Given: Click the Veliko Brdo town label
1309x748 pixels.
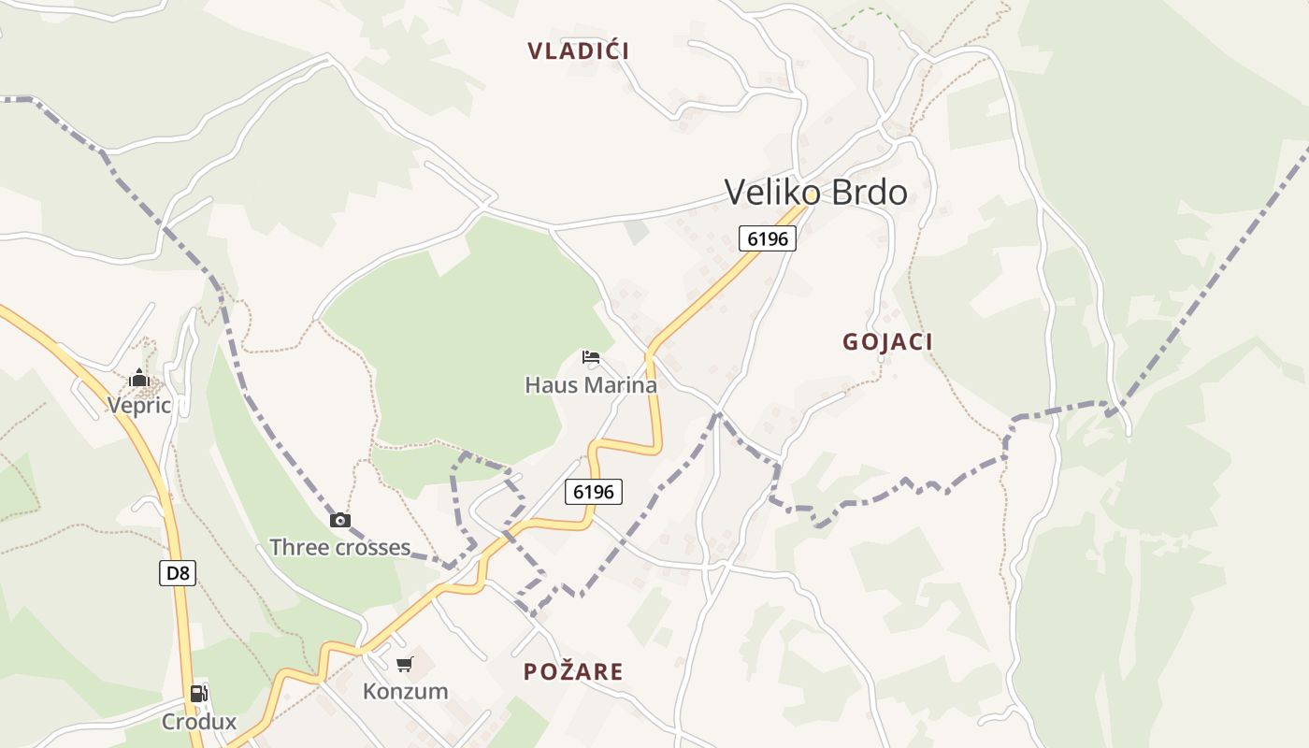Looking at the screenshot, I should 815,193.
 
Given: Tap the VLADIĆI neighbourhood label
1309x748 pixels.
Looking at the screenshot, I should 578,50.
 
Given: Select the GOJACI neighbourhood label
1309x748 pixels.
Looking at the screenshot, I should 887,342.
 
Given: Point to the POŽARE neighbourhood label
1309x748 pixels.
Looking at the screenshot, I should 573,671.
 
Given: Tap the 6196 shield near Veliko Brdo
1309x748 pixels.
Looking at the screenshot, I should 768,238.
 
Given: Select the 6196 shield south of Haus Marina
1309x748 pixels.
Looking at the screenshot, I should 593,491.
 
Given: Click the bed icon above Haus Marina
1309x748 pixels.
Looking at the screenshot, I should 591,357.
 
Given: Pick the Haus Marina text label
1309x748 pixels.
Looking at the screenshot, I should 591,384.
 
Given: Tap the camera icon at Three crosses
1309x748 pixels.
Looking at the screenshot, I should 340,521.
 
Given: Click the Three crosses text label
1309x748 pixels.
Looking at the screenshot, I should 339,547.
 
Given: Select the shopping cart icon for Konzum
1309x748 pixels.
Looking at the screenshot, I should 405,665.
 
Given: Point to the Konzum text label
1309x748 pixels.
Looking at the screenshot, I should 405,692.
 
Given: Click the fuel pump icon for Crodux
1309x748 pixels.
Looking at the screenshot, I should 198,694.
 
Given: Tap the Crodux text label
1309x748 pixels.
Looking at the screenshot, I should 199,722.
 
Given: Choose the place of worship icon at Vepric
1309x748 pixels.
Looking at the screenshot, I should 139,378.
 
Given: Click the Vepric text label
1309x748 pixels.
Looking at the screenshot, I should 139,405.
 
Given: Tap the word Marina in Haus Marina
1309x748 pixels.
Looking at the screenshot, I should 621,384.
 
